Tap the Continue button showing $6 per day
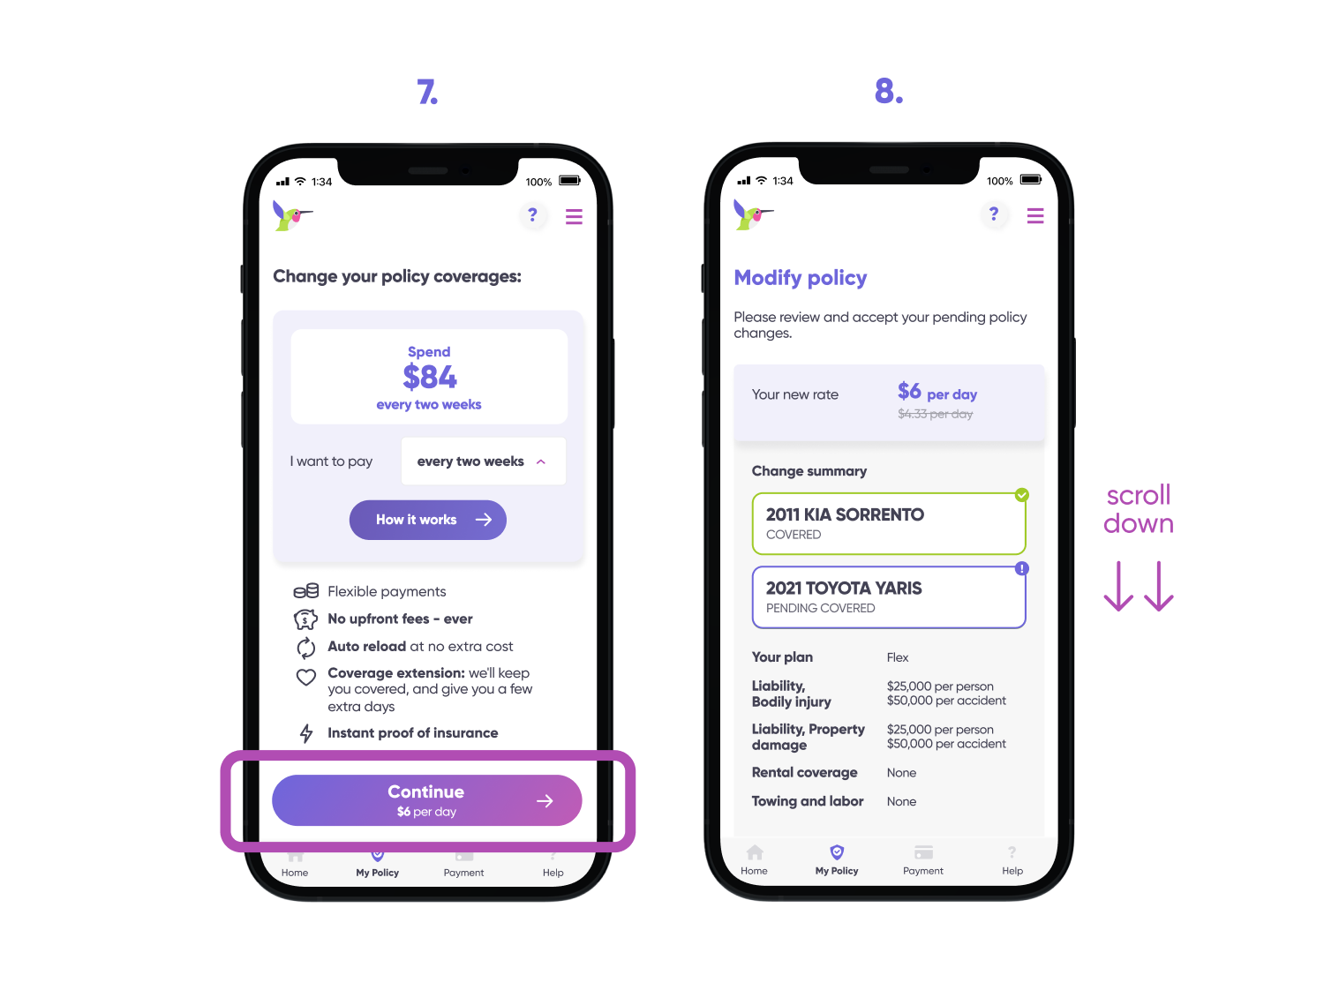pos(426,799)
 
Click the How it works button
pos(427,519)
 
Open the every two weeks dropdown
pos(483,461)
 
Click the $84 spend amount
pos(430,377)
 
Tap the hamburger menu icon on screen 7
pos(574,216)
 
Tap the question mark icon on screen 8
pos(994,214)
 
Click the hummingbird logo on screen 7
pos(292,215)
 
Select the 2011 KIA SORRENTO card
pos(888,522)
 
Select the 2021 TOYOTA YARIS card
pos(888,596)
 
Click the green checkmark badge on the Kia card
pos(1021,494)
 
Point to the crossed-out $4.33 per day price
pos(935,414)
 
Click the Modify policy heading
pos(800,277)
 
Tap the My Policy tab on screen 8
pos(836,859)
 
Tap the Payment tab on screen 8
pos(922,859)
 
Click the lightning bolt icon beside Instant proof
pos(305,732)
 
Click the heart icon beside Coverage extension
pos(305,677)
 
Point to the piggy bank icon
pos(305,619)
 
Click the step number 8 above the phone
pos(888,91)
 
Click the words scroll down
pos(1138,508)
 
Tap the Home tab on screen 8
pos(754,859)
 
